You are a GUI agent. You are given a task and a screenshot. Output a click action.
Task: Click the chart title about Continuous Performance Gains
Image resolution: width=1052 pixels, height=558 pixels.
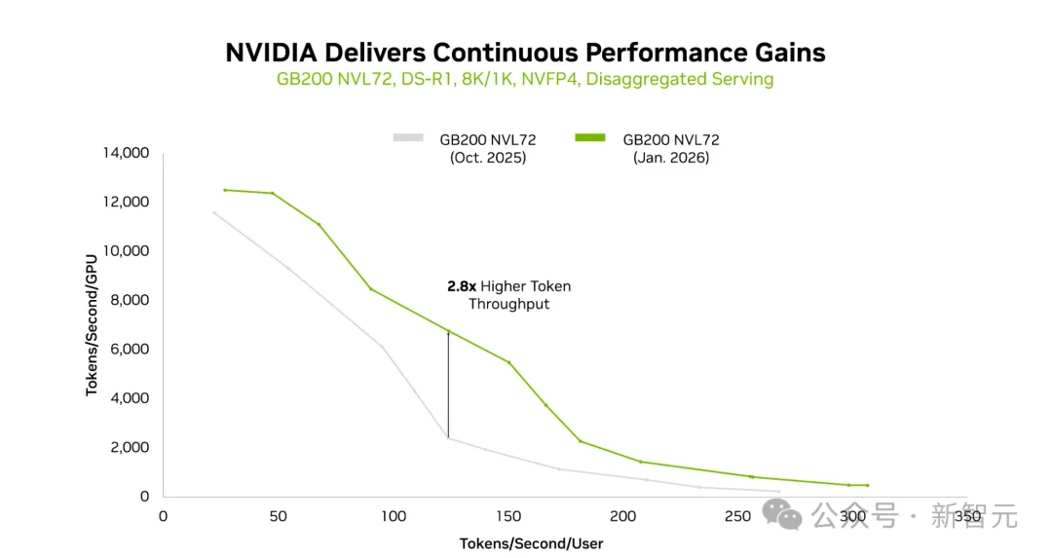click(x=525, y=52)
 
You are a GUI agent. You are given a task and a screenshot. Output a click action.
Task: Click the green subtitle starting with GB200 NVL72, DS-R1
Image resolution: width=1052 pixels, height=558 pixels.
click(x=525, y=79)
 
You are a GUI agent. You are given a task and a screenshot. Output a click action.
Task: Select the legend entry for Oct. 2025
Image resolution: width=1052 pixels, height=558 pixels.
click(x=487, y=148)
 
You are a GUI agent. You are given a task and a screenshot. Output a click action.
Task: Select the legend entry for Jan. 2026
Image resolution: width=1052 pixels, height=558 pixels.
click(x=670, y=148)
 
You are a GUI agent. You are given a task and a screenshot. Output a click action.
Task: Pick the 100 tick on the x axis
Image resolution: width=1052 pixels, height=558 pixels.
click(x=394, y=516)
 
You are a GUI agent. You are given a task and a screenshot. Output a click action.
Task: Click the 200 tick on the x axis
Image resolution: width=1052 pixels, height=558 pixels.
click(x=623, y=516)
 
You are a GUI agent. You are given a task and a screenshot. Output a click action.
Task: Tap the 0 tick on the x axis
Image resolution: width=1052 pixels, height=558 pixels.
click(x=163, y=516)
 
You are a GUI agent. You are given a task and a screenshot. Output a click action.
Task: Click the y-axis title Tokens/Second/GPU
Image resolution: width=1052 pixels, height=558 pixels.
click(x=93, y=324)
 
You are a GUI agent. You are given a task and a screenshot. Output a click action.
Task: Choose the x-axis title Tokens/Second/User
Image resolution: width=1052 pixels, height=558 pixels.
click(x=532, y=543)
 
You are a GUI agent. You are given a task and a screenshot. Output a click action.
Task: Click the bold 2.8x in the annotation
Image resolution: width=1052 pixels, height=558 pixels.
click(x=462, y=286)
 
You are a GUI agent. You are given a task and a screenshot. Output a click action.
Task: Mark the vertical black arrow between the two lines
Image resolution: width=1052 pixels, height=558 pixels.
click(x=448, y=385)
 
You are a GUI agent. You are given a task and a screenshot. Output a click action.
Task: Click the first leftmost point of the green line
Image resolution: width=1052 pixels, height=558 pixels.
click(x=225, y=190)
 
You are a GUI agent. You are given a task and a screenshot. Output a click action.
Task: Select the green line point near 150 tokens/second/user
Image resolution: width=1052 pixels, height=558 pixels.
click(x=508, y=362)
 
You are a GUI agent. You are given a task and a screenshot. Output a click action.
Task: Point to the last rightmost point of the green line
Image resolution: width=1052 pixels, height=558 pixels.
click(x=867, y=485)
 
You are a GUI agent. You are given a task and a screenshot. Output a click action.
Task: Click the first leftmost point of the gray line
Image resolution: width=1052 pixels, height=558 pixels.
click(x=214, y=212)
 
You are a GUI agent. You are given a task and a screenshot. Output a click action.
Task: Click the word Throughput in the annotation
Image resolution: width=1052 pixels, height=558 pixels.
click(x=509, y=304)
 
